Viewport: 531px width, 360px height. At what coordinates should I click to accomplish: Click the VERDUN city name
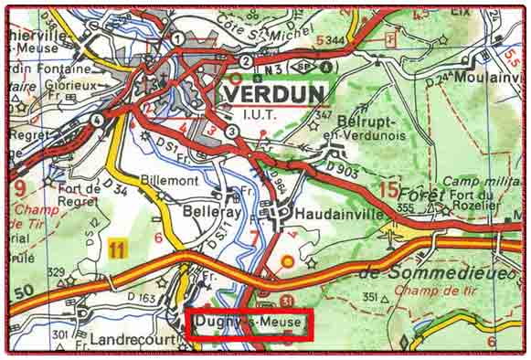pos(272,95)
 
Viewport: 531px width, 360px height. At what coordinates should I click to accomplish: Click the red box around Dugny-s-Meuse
pos(250,325)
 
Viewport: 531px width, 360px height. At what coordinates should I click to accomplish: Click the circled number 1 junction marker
pos(177,37)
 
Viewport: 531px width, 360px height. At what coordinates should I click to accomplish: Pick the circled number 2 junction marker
pos(246,61)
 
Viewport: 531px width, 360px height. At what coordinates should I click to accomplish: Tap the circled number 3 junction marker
pos(232,132)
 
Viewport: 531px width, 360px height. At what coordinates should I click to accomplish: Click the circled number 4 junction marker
pos(97,119)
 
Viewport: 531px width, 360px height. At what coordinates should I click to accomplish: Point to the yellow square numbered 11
pos(116,247)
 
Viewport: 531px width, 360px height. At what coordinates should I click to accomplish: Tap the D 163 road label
pos(142,298)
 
